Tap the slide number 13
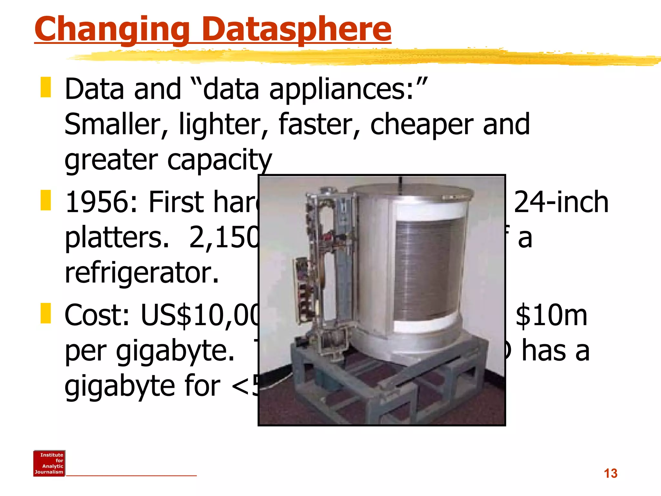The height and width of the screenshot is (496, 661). click(x=610, y=473)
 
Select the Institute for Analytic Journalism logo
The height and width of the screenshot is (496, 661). click(x=49, y=463)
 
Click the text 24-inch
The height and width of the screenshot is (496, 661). click(x=561, y=202)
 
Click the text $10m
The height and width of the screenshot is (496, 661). click(x=551, y=315)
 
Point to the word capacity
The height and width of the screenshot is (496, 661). click(x=219, y=160)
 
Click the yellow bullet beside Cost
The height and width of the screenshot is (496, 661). click(x=46, y=313)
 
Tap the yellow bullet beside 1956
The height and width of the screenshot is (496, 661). click(x=46, y=200)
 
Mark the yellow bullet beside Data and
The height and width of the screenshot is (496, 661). click(x=46, y=87)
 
